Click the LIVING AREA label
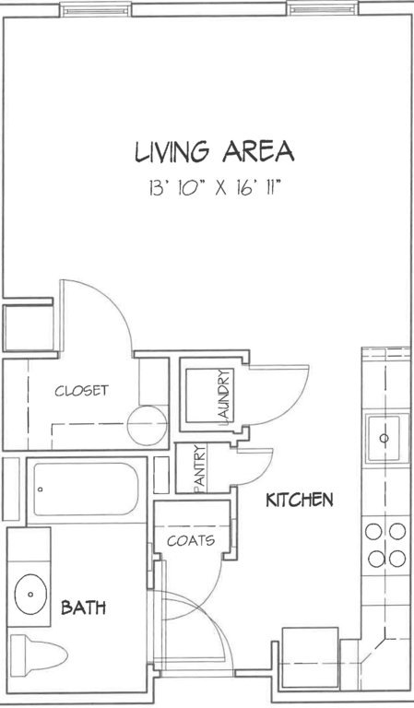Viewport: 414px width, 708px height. (215, 152)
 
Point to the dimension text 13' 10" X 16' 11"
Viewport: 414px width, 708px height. (216, 187)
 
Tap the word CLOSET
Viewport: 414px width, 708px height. (82, 390)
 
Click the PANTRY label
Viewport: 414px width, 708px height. (199, 467)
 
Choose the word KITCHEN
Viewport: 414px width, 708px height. (300, 500)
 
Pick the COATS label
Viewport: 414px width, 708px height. (191, 540)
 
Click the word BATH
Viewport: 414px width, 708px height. (84, 608)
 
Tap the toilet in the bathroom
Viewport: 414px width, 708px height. (39, 655)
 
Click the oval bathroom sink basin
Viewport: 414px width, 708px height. (30, 595)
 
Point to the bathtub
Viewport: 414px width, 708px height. (86, 489)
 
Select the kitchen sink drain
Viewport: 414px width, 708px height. (384, 438)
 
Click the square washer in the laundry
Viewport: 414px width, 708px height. (209, 396)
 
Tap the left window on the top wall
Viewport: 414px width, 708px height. (95, 9)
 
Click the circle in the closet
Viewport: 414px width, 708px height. (147, 425)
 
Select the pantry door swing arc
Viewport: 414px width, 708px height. (265, 473)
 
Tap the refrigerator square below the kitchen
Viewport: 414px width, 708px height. (310, 657)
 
